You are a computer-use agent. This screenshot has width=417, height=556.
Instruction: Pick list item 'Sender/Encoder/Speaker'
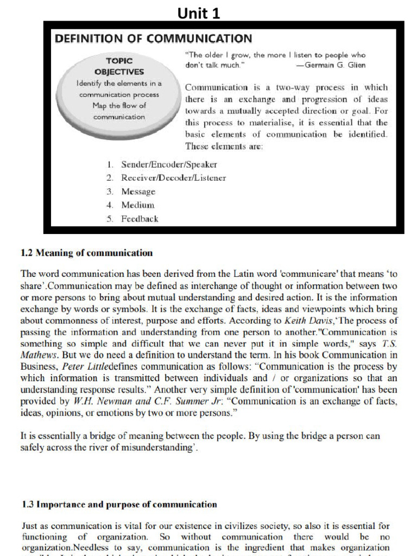(169, 164)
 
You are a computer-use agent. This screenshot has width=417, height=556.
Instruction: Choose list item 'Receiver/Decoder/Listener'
(173, 178)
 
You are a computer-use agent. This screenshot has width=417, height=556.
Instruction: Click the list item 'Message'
(138, 192)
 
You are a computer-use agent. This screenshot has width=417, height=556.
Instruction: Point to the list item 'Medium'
(138, 205)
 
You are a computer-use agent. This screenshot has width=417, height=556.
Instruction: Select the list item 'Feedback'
(140, 219)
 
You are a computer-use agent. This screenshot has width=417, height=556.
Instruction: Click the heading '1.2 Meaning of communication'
(86, 253)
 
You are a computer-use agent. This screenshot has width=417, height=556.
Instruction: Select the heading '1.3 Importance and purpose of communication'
(119, 504)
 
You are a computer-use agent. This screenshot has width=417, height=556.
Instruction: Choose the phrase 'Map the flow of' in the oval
(119, 105)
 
